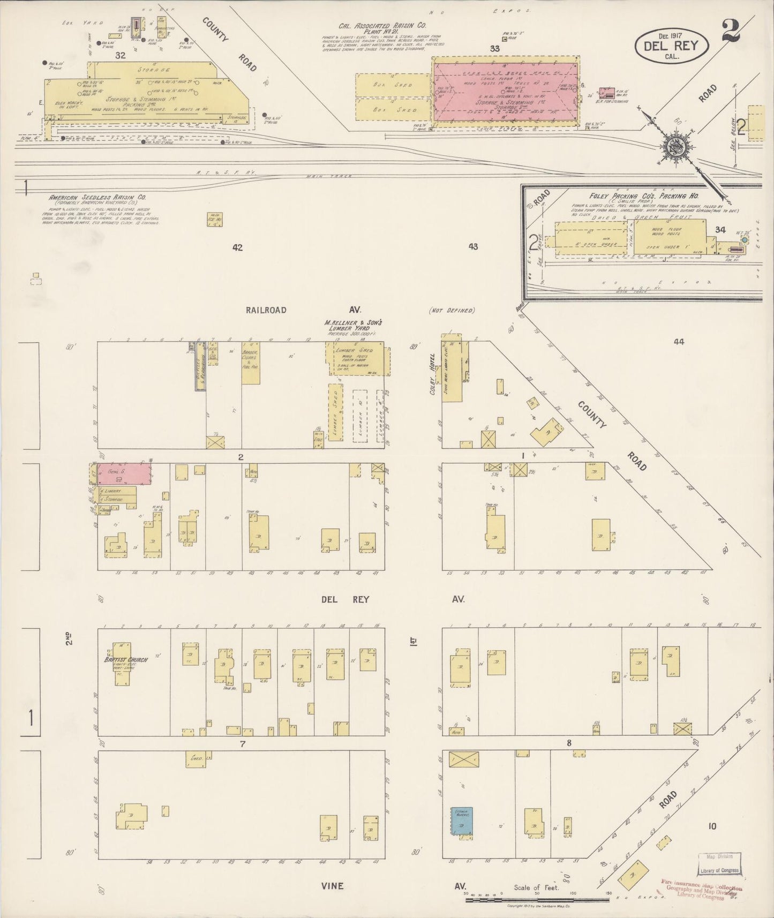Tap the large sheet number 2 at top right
coord(730,30)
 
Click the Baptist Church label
coord(126,659)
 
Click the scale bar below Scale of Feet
coord(541,900)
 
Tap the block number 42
coord(237,247)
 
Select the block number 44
coord(679,341)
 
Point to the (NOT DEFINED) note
coord(451,310)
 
